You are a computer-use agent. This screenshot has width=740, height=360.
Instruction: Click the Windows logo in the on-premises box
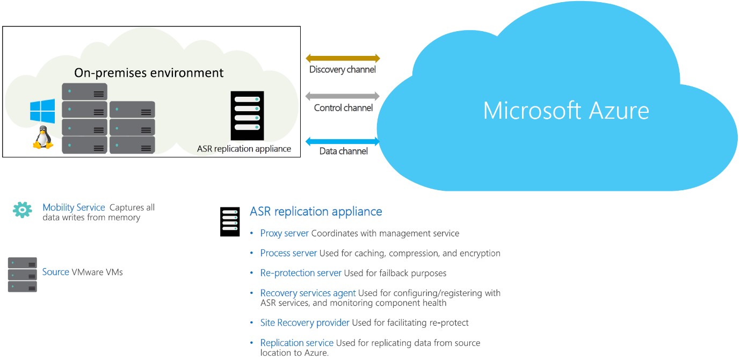coord(42,111)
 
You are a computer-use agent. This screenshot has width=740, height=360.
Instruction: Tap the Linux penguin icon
coord(43,137)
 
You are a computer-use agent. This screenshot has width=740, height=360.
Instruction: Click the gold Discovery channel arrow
coord(343,58)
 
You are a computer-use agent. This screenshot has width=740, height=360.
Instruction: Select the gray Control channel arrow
coord(343,96)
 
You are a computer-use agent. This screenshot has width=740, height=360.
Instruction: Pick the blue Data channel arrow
coord(343,141)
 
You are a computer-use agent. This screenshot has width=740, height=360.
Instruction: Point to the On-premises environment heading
coord(149,73)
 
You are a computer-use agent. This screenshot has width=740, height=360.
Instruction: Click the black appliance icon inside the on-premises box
coord(247,116)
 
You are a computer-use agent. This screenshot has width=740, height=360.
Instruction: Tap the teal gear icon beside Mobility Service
coord(23,210)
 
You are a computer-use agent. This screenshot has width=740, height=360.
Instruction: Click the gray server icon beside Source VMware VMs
coord(23,275)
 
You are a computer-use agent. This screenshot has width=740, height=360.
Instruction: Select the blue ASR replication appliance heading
coord(316,212)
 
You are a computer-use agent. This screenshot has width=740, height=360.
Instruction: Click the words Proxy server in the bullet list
coord(285,233)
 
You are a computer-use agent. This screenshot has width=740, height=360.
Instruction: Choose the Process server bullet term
coord(288,253)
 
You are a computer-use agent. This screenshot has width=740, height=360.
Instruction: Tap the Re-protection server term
coord(301,273)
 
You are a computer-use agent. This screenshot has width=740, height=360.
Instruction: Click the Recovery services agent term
coord(308,293)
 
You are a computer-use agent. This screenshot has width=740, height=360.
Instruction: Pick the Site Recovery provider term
coord(304,322)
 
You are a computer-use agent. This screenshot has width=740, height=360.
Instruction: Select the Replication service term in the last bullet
coord(296,343)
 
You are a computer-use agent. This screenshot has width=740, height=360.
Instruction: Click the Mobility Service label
coord(74,207)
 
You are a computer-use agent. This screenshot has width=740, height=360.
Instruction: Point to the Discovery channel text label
coord(343,69)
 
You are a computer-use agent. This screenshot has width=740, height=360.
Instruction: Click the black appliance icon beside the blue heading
coord(230,221)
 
